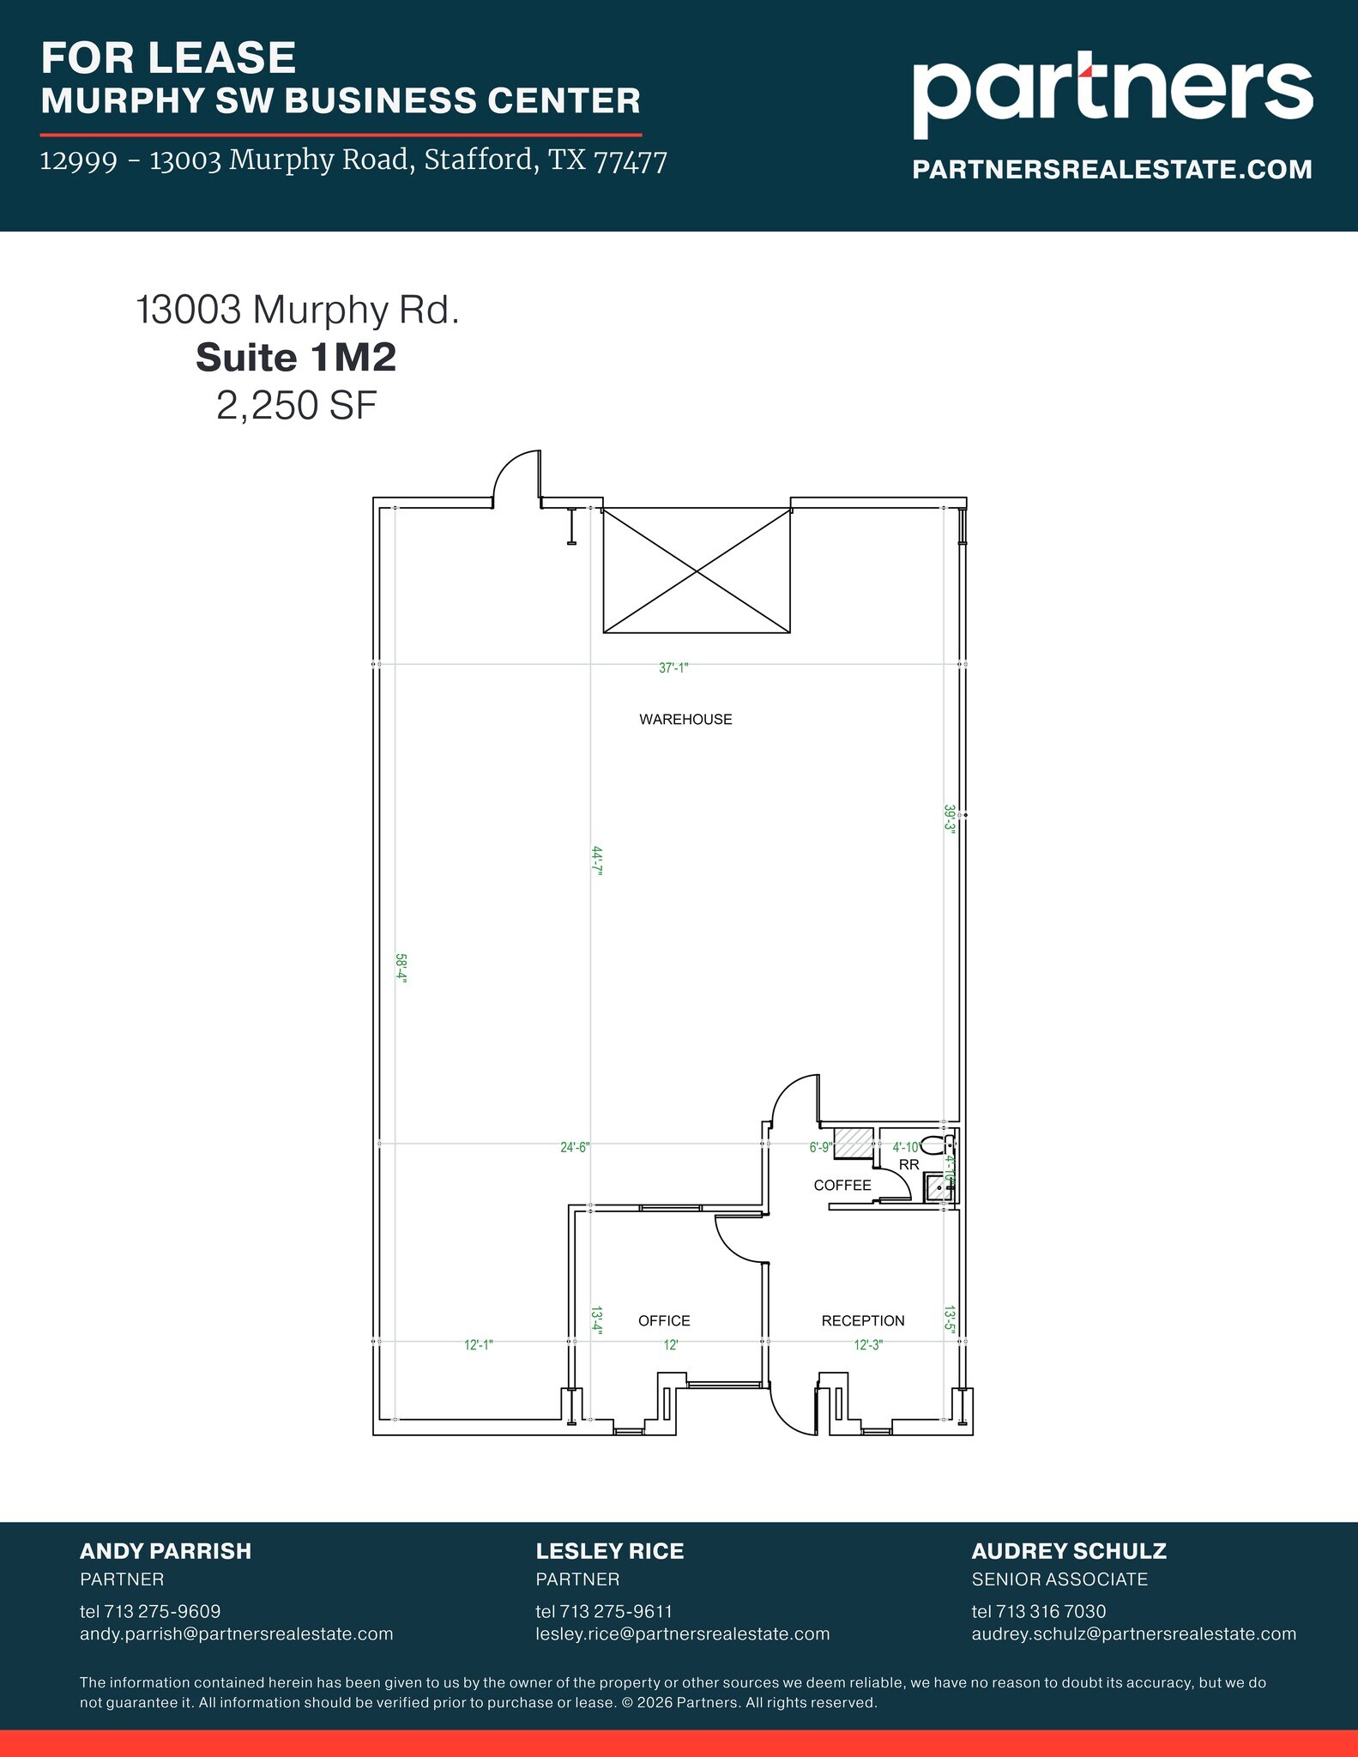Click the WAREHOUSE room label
[685, 720]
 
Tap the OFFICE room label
[664, 1320]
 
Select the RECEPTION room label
[863, 1320]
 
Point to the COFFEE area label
[842, 1185]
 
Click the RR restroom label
[909, 1164]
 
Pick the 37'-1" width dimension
[673, 667]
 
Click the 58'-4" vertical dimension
[401, 969]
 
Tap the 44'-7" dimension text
[597, 860]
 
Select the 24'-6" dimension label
[575, 1147]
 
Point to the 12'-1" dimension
[479, 1345]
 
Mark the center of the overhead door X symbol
[697, 571]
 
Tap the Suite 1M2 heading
[296, 358]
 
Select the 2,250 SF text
[296, 406]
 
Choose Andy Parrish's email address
[236, 1633]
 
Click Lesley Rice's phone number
[604, 1611]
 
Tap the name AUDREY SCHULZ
[1069, 1551]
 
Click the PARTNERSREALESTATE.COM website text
[1112, 170]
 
